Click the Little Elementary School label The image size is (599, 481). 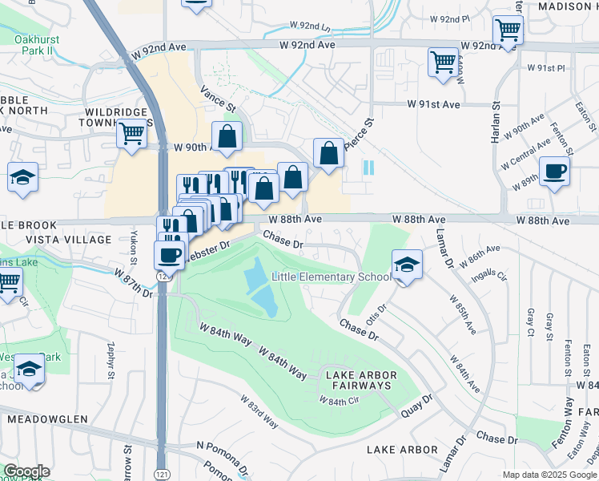pyautogui.click(x=332, y=277)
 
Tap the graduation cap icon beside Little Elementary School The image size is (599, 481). pyautogui.click(x=407, y=265)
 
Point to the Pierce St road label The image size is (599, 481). pyautogui.click(x=359, y=136)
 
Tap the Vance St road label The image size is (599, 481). pyautogui.click(x=219, y=100)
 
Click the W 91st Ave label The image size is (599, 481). pyautogui.click(x=433, y=104)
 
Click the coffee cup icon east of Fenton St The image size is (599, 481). pyautogui.click(x=554, y=171)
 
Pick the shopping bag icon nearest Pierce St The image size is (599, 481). pyautogui.click(x=328, y=152)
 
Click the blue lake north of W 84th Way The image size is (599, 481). pyautogui.click(x=261, y=287)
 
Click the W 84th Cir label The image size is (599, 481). pyautogui.click(x=337, y=401)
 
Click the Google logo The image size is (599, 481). pyautogui.click(x=26, y=471)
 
